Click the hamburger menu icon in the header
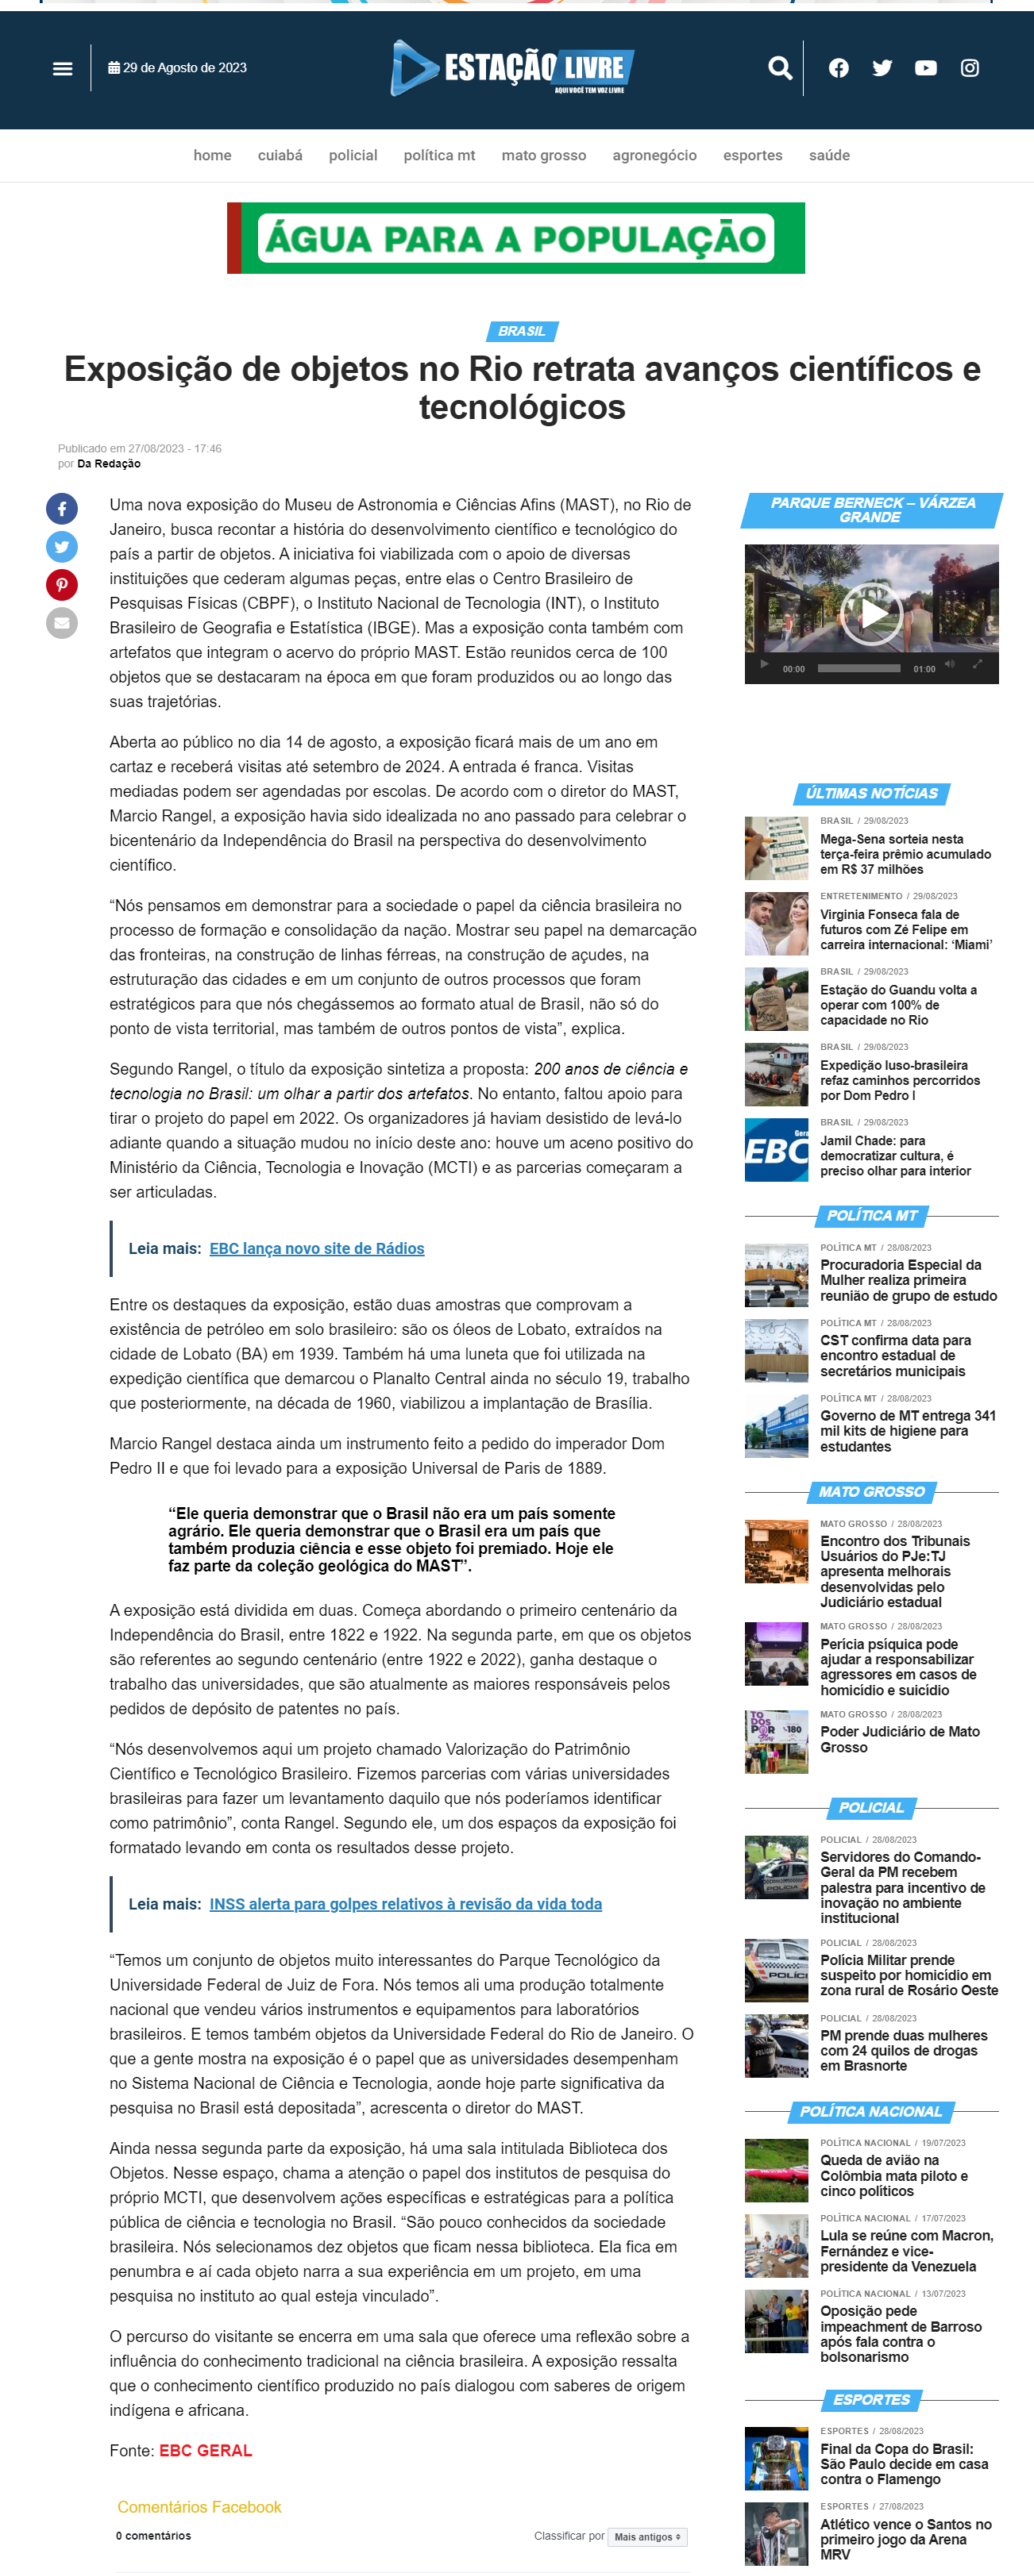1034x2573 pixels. coord(63,69)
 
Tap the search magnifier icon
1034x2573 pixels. coord(779,68)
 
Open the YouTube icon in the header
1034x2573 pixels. coord(925,68)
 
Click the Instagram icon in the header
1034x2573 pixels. coord(969,68)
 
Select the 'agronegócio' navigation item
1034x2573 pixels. coord(654,156)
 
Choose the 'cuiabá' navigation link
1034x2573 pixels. coord(280,156)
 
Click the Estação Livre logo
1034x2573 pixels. coord(512,68)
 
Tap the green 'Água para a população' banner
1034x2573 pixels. coord(515,239)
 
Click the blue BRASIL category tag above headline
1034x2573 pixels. coord(522,332)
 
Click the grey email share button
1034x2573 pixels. coord(62,623)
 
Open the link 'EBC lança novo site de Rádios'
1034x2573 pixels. coord(317,1248)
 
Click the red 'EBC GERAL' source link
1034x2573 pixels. coord(206,2450)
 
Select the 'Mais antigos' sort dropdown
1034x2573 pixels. coord(647,2536)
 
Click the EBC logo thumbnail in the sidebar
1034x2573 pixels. coord(776,1150)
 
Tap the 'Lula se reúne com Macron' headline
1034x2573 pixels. coord(906,2250)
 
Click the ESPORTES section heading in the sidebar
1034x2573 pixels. coord(871,2399)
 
